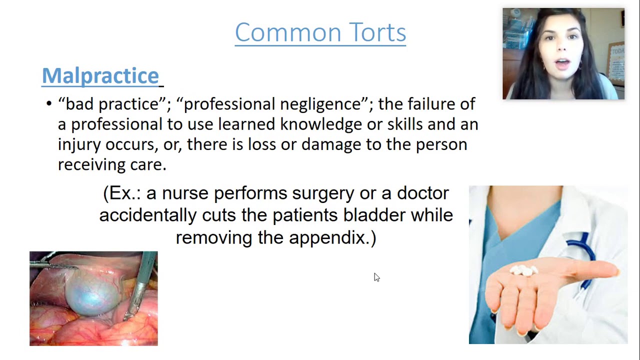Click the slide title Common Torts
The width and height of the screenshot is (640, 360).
click(320, 32)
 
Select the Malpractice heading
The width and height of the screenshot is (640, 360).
click(100, 75)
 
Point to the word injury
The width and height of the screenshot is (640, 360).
click(79, 144)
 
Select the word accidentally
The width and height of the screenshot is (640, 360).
click(148, 215)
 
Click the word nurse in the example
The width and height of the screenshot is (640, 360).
click(184, 193)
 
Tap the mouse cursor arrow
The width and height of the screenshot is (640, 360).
click(376, 277)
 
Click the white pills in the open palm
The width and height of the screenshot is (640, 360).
click(523, 270)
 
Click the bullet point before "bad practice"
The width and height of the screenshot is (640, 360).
click(48, 104)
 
